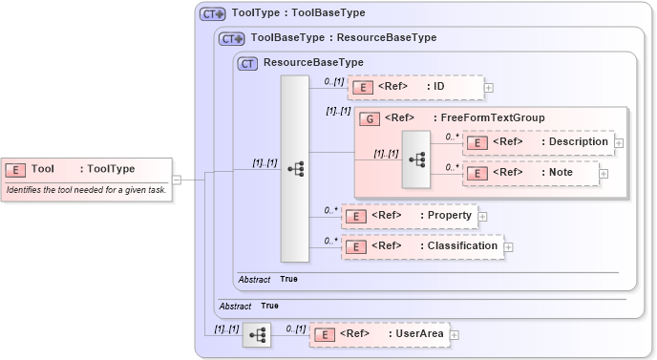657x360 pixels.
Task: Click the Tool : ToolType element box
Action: (86, 169)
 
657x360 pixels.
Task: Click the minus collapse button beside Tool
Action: (177, 179)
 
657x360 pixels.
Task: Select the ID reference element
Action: (414, 88)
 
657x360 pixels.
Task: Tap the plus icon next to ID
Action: (489, 88)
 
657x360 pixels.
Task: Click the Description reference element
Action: (539, 142)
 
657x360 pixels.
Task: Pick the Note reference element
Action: (531, 174)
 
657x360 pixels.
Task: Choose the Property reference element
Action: (410, 216)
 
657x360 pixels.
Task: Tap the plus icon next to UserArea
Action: (455, 334)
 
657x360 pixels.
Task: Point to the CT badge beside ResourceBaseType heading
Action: (248, 63)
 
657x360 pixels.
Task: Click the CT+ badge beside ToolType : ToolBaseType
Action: (212, 14)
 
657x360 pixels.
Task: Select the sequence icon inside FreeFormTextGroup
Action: (416, 159)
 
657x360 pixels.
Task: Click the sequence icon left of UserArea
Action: (256, 334)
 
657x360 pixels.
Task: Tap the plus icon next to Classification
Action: (509, 246)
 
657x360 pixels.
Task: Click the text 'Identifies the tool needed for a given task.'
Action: (86, 190)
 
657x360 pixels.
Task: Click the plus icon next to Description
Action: (619, 142)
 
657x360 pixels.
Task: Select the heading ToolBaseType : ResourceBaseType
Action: (343, 38)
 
